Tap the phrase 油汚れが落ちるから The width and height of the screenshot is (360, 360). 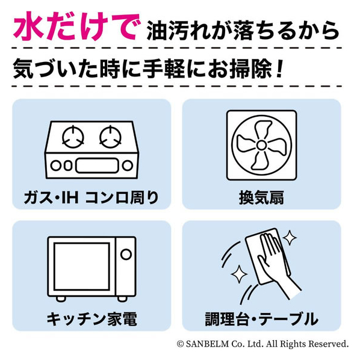[x=243, y=31]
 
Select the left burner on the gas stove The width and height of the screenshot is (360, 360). [x=73, y=137]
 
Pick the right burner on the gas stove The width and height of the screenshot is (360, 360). [x=110, y=137]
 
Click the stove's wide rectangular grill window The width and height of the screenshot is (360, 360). [x=97, y=166]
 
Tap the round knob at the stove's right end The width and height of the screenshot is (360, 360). [x=128, y=166]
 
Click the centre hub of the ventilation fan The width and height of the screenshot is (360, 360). [x=261, y=145]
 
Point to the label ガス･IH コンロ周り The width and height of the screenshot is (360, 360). [x=92, y=197]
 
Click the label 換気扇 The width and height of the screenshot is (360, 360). [x=261, y=197]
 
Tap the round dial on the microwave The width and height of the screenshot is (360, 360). [x=126, y=255]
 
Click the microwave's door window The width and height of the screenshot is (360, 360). [x=82, y=267]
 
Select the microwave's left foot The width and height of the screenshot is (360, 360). [x=61, y=299]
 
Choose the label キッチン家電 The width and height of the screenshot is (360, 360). [x=92, y=319]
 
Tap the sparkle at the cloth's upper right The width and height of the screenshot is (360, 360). [x=290, y=237]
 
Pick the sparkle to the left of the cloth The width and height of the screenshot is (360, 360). [x=239, y=274]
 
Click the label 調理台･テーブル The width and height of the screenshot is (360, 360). [x=261, y=319]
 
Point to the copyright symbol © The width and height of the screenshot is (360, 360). [x=181, y=344]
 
